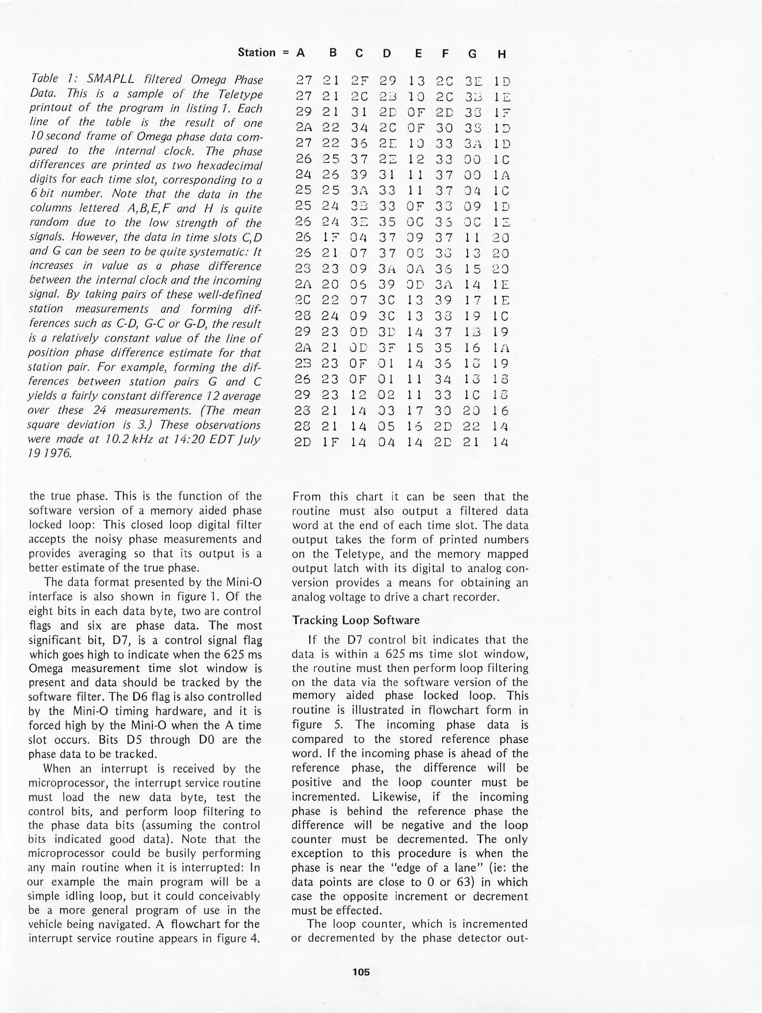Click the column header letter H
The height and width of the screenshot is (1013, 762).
[x=502, y=54]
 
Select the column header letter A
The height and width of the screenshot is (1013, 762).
[x=301, y=53]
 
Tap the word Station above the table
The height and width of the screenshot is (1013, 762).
[x=257, y=52]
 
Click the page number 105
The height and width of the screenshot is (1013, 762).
[x=361, y=972]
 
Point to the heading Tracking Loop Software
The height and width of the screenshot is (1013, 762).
[x=355, y=620]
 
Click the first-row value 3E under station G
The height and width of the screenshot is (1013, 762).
[x=473, y=81]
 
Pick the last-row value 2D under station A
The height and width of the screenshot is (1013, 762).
[x=302, y=442]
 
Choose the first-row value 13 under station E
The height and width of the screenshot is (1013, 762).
[x=415, y=81]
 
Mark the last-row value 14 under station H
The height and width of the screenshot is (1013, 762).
[x=501, y=442]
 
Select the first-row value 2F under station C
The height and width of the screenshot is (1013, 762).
[x=359, y=81]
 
